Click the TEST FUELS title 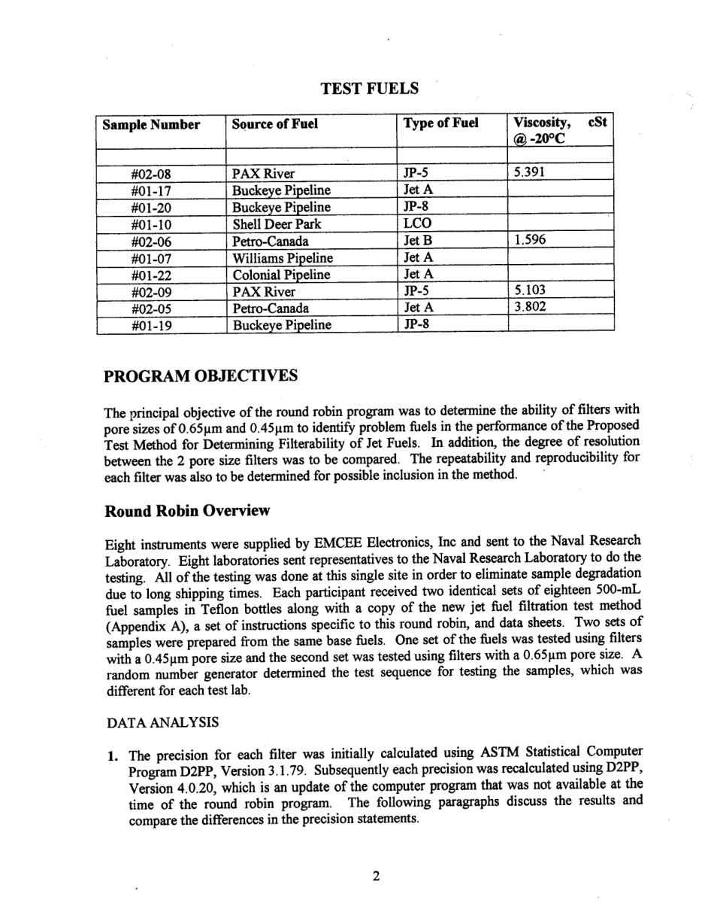click(369, 89)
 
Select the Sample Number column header click(151, 125)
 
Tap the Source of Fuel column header click(274, 124)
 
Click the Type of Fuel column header click(440, 123)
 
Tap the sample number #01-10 click(151, 224)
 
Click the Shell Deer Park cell click(276, 223)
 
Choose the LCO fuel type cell click(417, 223)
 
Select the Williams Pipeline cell click(283, 257)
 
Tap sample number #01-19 click(151, 325)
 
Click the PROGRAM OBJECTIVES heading click(201, 375)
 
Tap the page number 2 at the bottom click(375, 875)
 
